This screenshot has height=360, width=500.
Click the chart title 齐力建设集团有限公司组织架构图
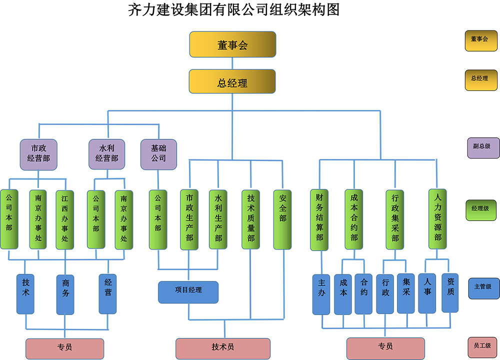(x=234, y=10)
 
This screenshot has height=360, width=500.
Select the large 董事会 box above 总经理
(x=232, y=44)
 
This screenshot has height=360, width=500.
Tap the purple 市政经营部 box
(x=38, y=154)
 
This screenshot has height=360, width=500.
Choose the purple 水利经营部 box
(x=106, y=154)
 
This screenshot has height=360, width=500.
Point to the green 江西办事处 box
(x=64, y=219)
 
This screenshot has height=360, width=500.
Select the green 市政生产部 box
(x=189, y=219)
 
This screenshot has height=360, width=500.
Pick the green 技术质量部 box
(x=250, y=219)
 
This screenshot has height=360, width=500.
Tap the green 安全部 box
(x=282, y=219)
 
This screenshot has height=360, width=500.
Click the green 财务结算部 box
(x=319, y=219)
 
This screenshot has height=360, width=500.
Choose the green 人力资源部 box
(x=437, y=219)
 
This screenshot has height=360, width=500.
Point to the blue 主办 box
(x=321, y=294)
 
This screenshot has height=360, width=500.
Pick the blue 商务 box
(x=65, y=294)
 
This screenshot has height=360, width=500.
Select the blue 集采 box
(x=406, y=293)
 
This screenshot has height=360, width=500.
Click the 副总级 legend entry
(x=483, y=148)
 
